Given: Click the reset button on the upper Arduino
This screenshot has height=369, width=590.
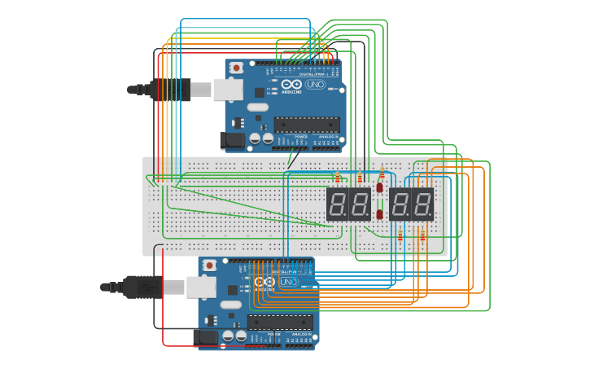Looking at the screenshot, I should (x=236, y=68).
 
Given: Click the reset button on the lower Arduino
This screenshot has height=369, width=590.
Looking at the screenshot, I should (x=209, y=266).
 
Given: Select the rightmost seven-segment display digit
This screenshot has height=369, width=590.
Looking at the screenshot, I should (x=423, y=204).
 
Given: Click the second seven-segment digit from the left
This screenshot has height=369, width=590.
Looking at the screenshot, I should (x=360, y=204).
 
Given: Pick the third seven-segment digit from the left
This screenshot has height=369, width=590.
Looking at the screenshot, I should (x=400, y=204).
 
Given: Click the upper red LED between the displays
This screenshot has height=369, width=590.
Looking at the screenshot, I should (x=380, y=187).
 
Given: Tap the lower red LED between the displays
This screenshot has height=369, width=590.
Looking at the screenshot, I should (x=380, y=214).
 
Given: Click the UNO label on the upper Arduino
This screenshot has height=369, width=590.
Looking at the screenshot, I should (x=315, y=85).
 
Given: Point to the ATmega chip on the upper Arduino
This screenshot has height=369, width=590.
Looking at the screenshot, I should (x=307, y=125).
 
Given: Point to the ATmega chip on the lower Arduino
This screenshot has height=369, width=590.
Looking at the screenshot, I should (x=280, y=322).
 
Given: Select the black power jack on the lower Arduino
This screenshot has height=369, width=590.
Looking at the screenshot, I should (x=205, y=336).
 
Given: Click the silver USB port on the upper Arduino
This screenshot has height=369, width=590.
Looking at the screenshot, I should (x=227, y=89).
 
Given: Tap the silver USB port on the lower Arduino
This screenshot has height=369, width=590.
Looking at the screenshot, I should (x=200, y=287).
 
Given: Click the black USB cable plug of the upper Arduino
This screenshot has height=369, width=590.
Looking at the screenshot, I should (x=169, y=90).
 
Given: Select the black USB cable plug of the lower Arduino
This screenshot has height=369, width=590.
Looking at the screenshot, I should (x=142, y=287).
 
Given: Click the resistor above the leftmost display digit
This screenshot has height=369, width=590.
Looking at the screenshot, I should (x=338, y=178).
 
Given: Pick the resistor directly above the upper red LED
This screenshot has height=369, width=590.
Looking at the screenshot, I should (x=382, y=172).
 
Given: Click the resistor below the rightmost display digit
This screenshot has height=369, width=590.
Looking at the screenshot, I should (x=422, y=236).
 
